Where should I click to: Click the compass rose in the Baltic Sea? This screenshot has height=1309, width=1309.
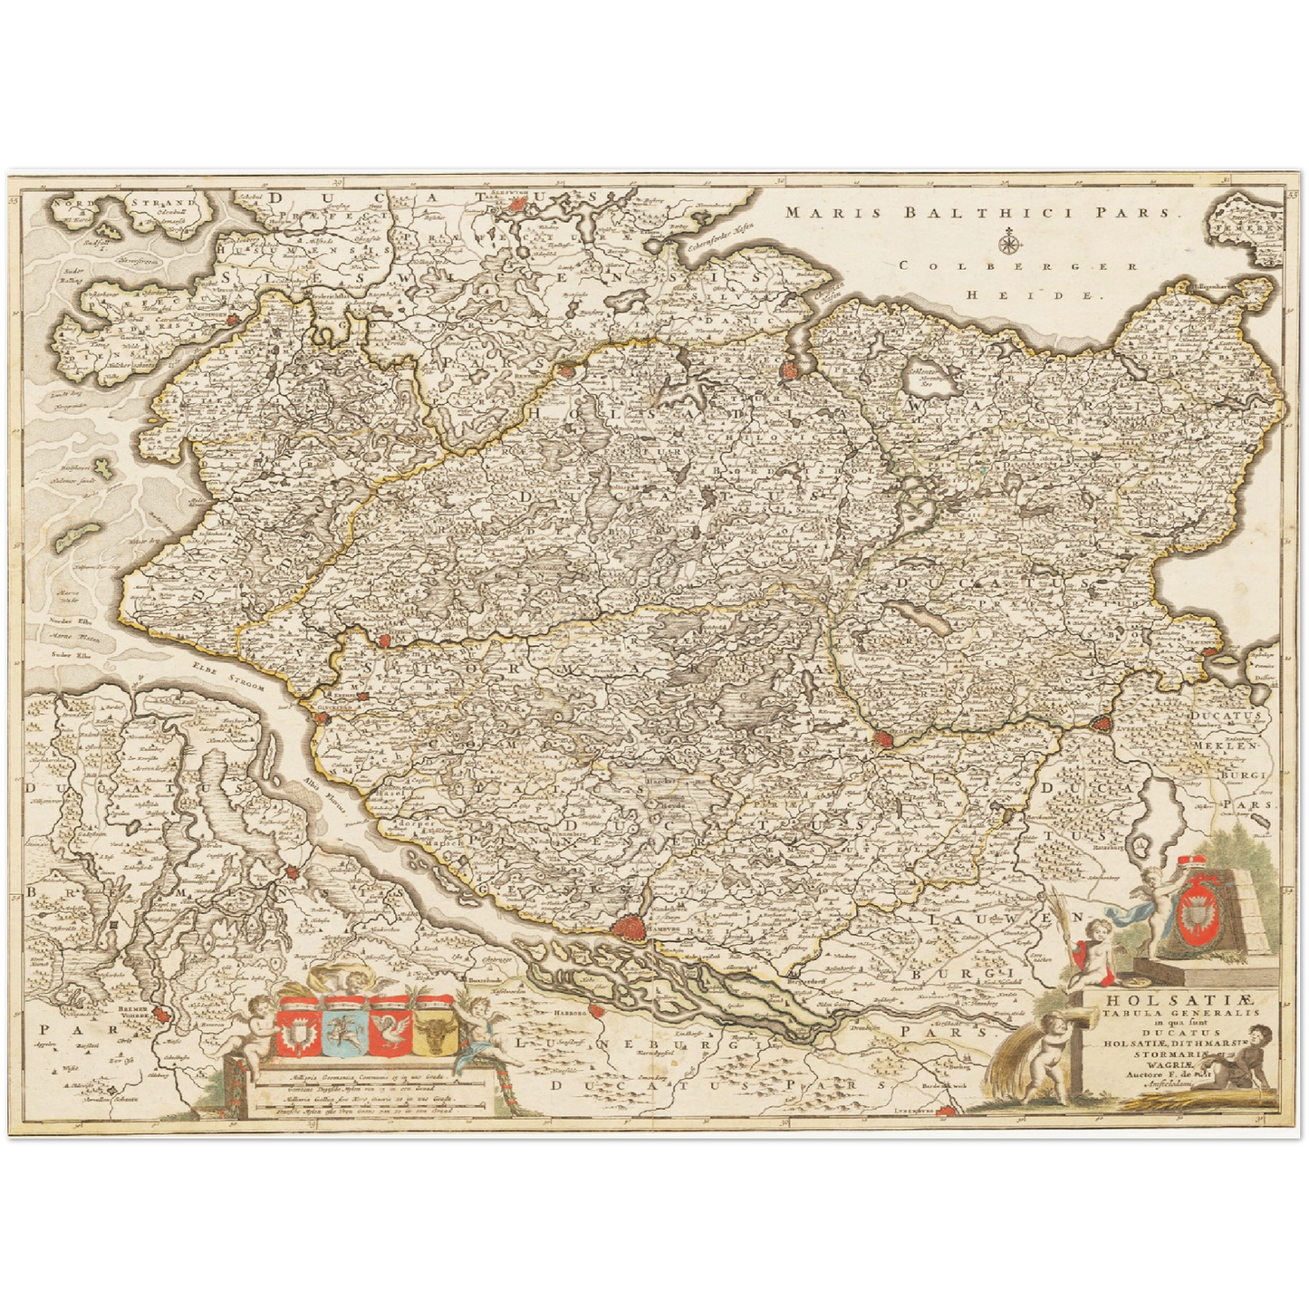(1006, 242)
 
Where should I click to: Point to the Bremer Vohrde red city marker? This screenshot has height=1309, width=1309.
(161, 1015)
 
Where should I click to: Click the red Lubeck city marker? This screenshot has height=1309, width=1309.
(1102, 724)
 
